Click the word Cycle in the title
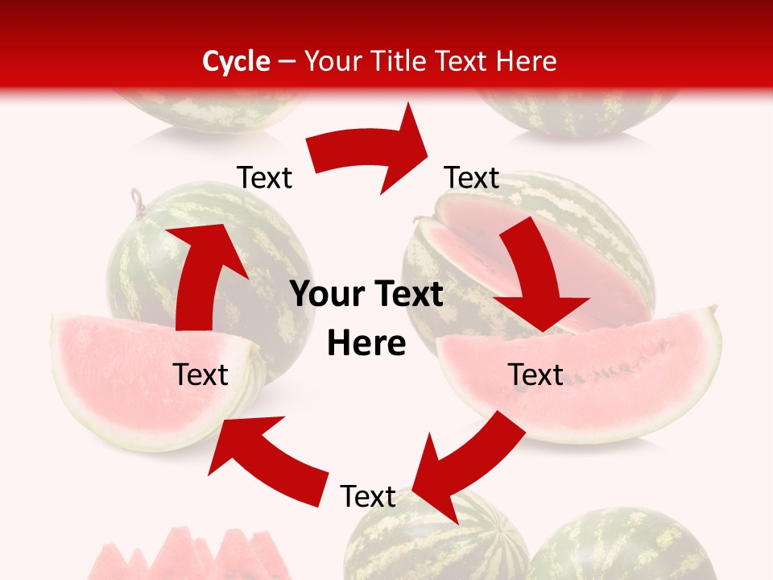(x=236, y=61)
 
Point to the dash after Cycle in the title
(x=287, y=62)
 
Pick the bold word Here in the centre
(x=366, y=343)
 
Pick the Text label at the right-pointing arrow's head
(x=472, y=177)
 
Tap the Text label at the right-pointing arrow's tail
(x=265, y=177)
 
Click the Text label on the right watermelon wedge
(x=535, y=375)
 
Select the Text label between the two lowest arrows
(x=368, y=496)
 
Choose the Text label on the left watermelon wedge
(x=200, y=375)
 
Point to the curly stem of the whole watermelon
(x=138, y=200)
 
